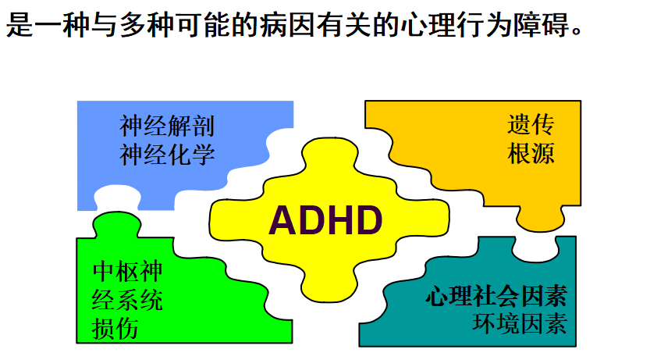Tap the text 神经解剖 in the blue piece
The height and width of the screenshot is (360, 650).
coord(167,126)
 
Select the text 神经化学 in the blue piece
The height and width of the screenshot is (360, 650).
coord(167,155)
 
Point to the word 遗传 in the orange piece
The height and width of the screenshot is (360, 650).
coord(531,124)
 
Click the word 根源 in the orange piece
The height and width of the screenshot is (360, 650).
coord(531,153)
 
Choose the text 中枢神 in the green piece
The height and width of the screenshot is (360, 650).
coord(127,271)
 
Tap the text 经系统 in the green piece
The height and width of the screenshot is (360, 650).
coord(127,300)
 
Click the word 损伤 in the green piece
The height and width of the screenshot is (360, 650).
coord(115,329)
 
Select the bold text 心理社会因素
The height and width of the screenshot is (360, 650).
coord(496,296)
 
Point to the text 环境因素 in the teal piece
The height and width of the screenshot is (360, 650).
coord(520,324)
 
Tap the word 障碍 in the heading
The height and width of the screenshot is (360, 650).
coord(541,24)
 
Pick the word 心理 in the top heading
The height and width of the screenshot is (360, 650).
coord(428,24)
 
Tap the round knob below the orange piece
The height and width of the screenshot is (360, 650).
coord(540,219)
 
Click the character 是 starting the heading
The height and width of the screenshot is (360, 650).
coord(20,24)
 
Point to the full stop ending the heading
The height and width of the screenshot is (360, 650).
coord(577,31)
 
